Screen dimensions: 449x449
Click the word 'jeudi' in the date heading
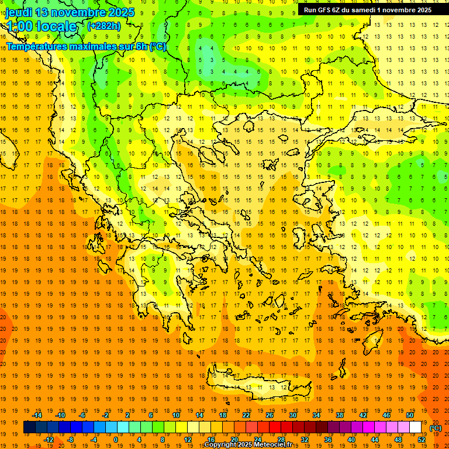(19, 12)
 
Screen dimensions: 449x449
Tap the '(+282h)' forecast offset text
(103, 26)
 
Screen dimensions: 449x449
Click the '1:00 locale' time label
(42, 26)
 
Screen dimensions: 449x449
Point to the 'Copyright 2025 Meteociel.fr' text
(248, 445)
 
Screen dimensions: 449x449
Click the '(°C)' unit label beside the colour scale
(436, 428)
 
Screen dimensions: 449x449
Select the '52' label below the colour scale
(422, 440)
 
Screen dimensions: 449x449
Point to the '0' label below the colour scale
(116, 440)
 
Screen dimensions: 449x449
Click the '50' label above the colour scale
(410, 415)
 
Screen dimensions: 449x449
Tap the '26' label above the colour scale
(269, 415)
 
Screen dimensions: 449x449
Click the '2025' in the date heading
(120, 12)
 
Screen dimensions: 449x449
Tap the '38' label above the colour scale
(339, 415)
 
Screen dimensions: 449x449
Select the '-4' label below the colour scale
(94, 440)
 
